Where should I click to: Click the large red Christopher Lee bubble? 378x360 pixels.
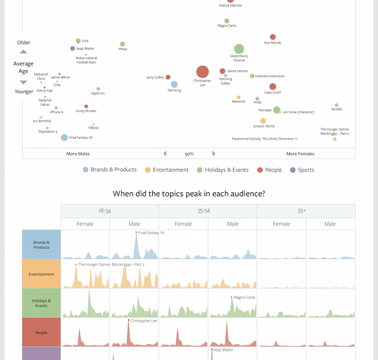(x=202, y=72)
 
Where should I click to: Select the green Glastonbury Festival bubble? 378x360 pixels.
(x=239, y=49)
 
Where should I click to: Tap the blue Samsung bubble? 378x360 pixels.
(x=174, y=85)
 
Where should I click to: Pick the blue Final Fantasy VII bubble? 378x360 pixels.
(x=65, y=137)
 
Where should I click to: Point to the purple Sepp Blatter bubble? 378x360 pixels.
(x=73, y=48)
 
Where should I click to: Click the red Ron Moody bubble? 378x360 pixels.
(x=273, y=37)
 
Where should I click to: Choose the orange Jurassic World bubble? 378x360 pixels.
(x=263, y=121)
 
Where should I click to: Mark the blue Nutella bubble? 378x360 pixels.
(x=337, y=105)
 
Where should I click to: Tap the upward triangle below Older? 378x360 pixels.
(x=24, y=51)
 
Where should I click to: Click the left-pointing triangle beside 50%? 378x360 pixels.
(x=165, y=154)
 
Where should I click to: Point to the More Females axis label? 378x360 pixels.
(x=300, y=154)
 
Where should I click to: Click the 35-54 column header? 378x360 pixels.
(x=208, y=211)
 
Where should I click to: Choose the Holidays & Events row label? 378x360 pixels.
(x=41, y=303)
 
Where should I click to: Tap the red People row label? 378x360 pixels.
(x=41, y=332)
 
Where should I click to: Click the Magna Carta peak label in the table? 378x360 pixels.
(x=244, y=298)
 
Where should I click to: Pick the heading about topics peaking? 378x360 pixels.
(x=189, y=193)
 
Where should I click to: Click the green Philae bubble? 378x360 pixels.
(x=122, y=44)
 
